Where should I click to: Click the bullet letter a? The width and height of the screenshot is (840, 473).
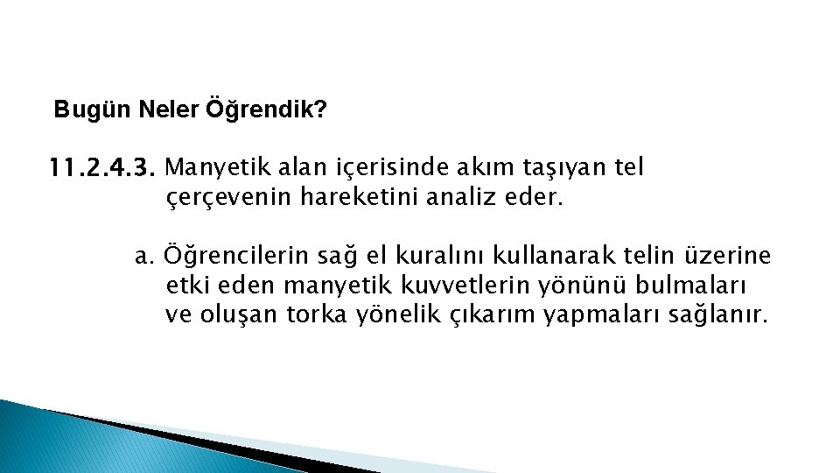click(145, 257)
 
